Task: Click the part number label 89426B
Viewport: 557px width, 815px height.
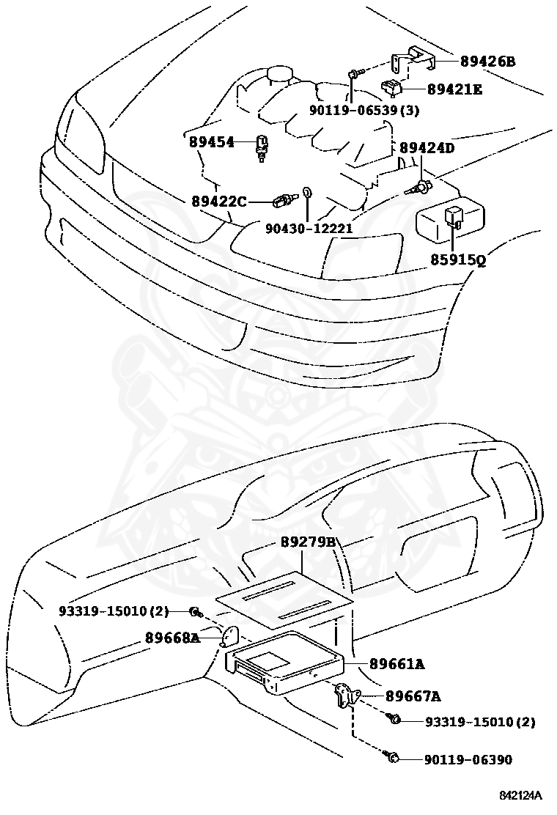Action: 487,62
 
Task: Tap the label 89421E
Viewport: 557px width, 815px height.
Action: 455,89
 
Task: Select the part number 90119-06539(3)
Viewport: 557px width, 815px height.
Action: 364,110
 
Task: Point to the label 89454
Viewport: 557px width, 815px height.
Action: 211,141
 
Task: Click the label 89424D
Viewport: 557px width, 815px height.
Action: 427,148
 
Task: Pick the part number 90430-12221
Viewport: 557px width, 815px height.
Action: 309,228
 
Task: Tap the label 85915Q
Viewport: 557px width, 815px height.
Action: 458,259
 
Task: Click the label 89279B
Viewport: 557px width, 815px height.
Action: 308,543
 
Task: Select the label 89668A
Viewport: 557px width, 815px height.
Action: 172,638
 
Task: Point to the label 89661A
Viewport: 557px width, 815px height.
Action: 397,664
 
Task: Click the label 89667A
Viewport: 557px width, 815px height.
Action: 413,696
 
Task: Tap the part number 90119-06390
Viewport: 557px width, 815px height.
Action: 468,760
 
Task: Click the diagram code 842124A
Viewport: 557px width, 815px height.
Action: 520,795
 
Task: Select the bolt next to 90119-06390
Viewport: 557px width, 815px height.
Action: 393,757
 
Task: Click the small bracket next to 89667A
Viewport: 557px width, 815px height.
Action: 345,694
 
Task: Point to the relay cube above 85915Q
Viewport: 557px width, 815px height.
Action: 453,216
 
